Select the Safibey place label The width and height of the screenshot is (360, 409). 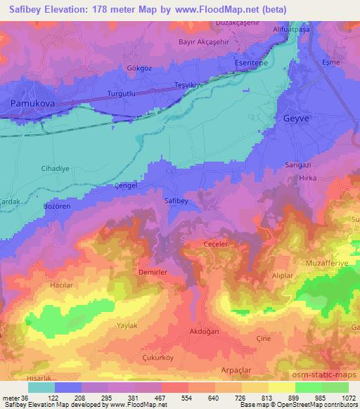[176, 201]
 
